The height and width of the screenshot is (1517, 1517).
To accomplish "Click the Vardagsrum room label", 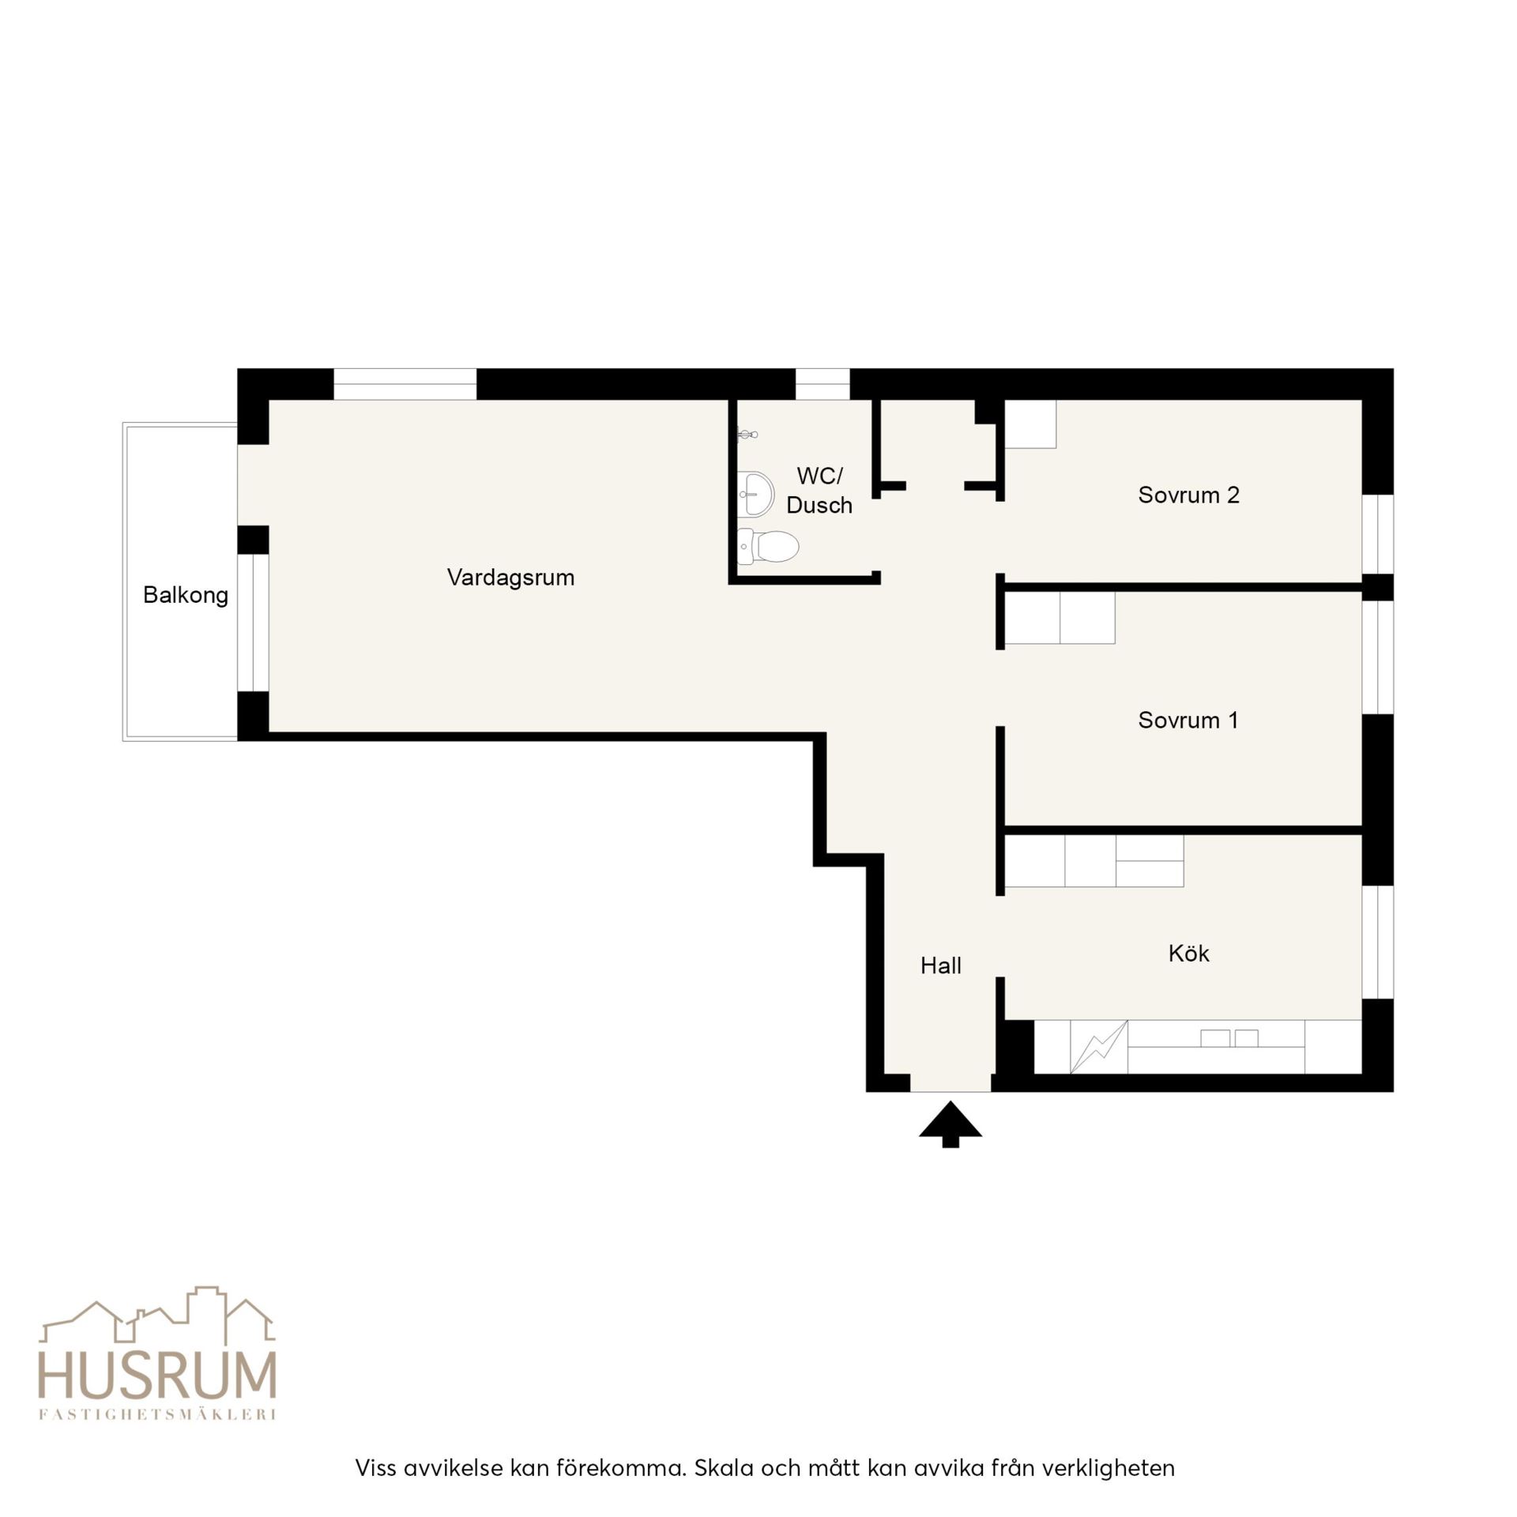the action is (x=510, y=578).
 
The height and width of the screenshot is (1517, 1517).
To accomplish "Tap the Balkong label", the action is (x=186, y=595).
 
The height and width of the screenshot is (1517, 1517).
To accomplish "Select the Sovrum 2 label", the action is (x=1188, y=495).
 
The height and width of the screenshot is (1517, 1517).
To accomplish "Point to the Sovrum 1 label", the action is (x=1188, y=721).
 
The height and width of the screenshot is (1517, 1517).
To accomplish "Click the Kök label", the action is (x=1188, y=954).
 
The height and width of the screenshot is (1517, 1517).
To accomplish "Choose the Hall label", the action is (x=941, y=966).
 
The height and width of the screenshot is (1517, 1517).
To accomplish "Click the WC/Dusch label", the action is (x=819, y=491).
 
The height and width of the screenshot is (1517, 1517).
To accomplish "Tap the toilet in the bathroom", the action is (x=767, y=546).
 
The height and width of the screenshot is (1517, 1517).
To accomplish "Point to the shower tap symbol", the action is (x=747, y=434).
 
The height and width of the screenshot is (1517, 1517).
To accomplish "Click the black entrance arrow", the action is (x=950, y=1124).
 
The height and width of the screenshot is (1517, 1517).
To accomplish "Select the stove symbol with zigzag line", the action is (x=1098, y=1048).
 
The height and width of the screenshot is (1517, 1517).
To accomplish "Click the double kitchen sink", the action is (x=1229, y=1038).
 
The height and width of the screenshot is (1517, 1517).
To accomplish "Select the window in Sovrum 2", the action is (x=1378, y=534).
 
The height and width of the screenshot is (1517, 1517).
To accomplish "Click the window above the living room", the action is (x=405, y=384).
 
